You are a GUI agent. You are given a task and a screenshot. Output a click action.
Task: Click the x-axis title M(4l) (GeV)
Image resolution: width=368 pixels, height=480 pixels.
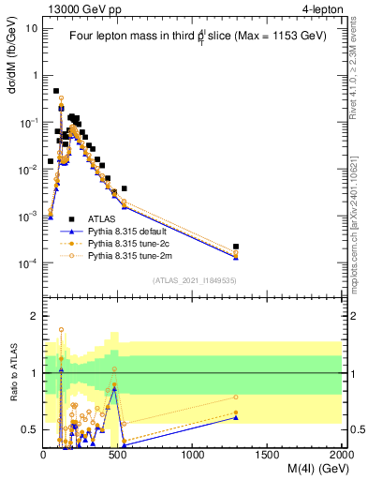pos(305,470)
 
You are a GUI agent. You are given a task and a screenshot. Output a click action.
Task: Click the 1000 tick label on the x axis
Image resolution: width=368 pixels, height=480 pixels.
pos(193,455)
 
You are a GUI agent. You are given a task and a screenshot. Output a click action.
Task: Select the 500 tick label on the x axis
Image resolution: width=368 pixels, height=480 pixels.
pos(118,455)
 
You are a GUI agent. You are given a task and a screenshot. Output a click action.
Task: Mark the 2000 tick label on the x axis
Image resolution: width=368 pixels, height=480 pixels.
pos(341,455)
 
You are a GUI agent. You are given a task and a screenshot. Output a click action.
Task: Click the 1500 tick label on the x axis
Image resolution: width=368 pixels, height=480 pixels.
pos(267,455)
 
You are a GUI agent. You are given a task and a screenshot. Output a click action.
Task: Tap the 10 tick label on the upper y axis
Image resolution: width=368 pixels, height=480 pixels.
pos(32,28)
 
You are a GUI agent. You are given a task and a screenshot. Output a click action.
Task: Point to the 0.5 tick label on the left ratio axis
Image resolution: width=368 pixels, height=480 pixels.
pos(30,429)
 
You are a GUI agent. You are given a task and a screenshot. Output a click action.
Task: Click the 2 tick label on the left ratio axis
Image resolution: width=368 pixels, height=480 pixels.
pos(35,317)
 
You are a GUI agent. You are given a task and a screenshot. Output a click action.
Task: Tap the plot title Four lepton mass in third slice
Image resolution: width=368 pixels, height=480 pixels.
pos(192,37)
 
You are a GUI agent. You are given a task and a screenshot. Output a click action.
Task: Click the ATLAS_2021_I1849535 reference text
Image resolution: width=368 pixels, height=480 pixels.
pos(193,279)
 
